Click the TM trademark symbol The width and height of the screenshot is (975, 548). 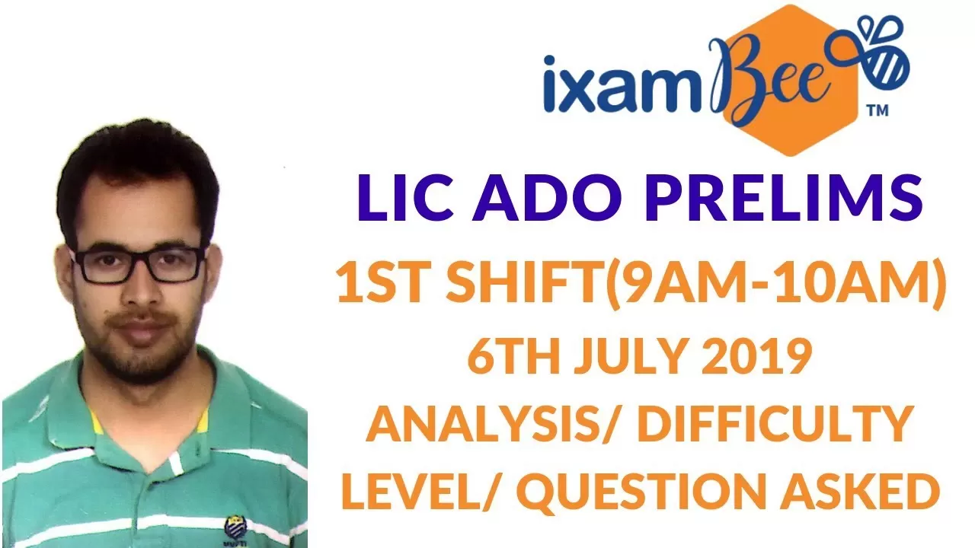click(878, 110)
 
